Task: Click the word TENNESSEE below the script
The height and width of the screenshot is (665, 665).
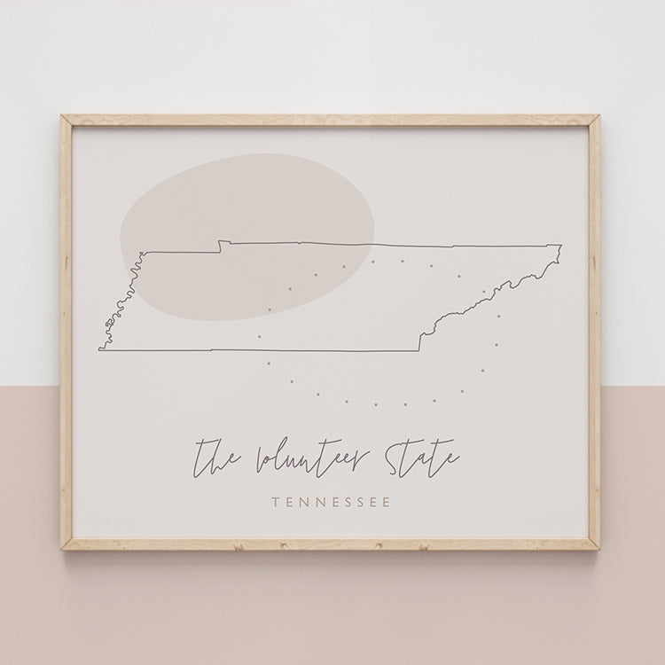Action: click(x=332, y=503)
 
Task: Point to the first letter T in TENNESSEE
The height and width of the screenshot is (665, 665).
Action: click(x=278, y=503)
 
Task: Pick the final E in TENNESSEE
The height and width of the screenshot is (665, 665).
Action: click(x=387, y=503)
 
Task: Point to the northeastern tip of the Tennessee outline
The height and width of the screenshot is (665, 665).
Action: click(x=560, y=244)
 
